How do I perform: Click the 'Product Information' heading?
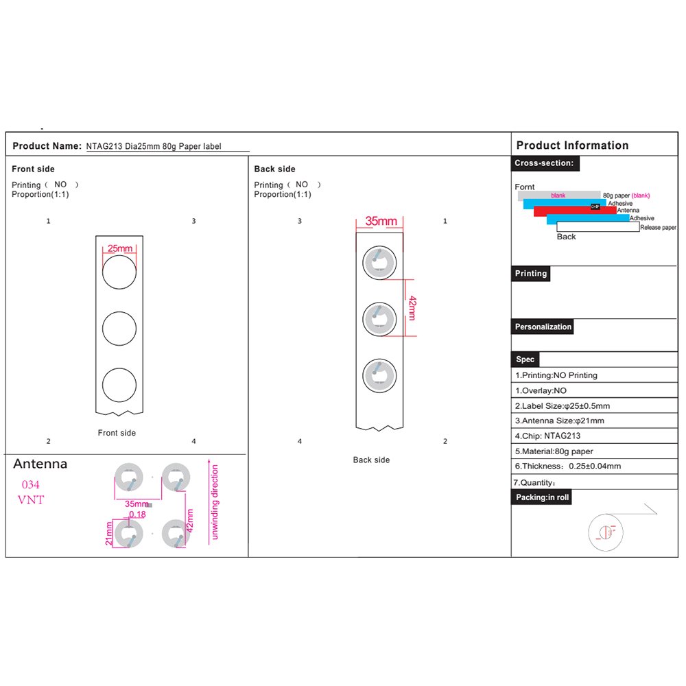[572, 145]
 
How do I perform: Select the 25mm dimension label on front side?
[119, 248]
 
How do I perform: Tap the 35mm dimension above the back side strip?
[381, 222]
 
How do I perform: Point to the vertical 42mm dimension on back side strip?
[412, 307]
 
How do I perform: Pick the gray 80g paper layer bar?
[558, 195]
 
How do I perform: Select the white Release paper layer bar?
[598, 227]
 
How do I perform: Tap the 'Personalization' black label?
[543, 327]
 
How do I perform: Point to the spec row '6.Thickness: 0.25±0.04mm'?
[568, 466]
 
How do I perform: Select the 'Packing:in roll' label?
[542, 497]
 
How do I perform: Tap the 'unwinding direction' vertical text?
[215, 502]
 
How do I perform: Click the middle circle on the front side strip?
[119, 329]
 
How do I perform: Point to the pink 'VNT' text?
[30, 500]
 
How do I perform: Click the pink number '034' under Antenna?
[31, 484]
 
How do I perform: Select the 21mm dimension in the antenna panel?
[109, 533]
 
